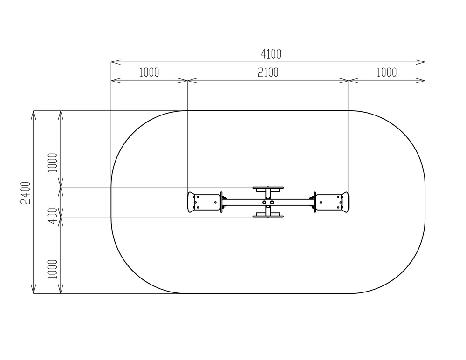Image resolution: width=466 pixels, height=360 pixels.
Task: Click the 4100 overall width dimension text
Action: [x=271, y=54]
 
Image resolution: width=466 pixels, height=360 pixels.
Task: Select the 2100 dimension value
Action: [x=268, y=73]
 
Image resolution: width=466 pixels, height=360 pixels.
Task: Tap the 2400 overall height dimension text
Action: [x=26, y=193]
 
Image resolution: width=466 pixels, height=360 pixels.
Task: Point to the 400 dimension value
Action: [x=53, y=216]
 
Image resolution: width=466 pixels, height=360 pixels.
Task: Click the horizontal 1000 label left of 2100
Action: [x=149, y=73]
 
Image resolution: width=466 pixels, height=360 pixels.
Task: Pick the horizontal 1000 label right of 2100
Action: [x=387, y=73]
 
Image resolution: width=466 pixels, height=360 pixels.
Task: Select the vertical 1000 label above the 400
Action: [x=53, y=163]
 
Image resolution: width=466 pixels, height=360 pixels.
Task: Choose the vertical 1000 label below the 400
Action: [x=53, y=269]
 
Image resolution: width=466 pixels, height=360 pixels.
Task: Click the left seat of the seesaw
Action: [x=205, y=202]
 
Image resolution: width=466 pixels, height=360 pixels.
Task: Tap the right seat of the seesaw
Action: [x=331, y=202]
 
